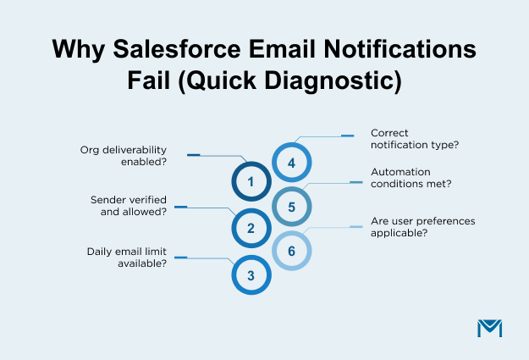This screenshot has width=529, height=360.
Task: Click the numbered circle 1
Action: point(251,181)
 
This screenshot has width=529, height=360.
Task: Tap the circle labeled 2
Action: point(251,228)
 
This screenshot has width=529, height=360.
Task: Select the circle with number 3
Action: point(251,275)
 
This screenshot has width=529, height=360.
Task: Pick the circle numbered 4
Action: point(291,163)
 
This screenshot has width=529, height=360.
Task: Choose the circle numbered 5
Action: point(291,206)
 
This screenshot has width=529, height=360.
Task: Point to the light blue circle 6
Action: point(291,252)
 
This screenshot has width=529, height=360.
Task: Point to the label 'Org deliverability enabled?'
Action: point(128,155)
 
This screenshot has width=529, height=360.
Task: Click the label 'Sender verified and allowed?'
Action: point(128,206)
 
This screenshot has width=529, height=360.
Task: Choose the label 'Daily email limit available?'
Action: point(126,257)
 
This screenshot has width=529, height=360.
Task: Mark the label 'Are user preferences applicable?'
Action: point(423,226)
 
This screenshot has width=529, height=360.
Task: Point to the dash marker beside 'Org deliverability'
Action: point(193,155)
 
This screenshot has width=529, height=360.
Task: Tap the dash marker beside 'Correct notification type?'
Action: point(347,135)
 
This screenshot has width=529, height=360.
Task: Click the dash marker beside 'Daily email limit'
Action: point(180,257)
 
